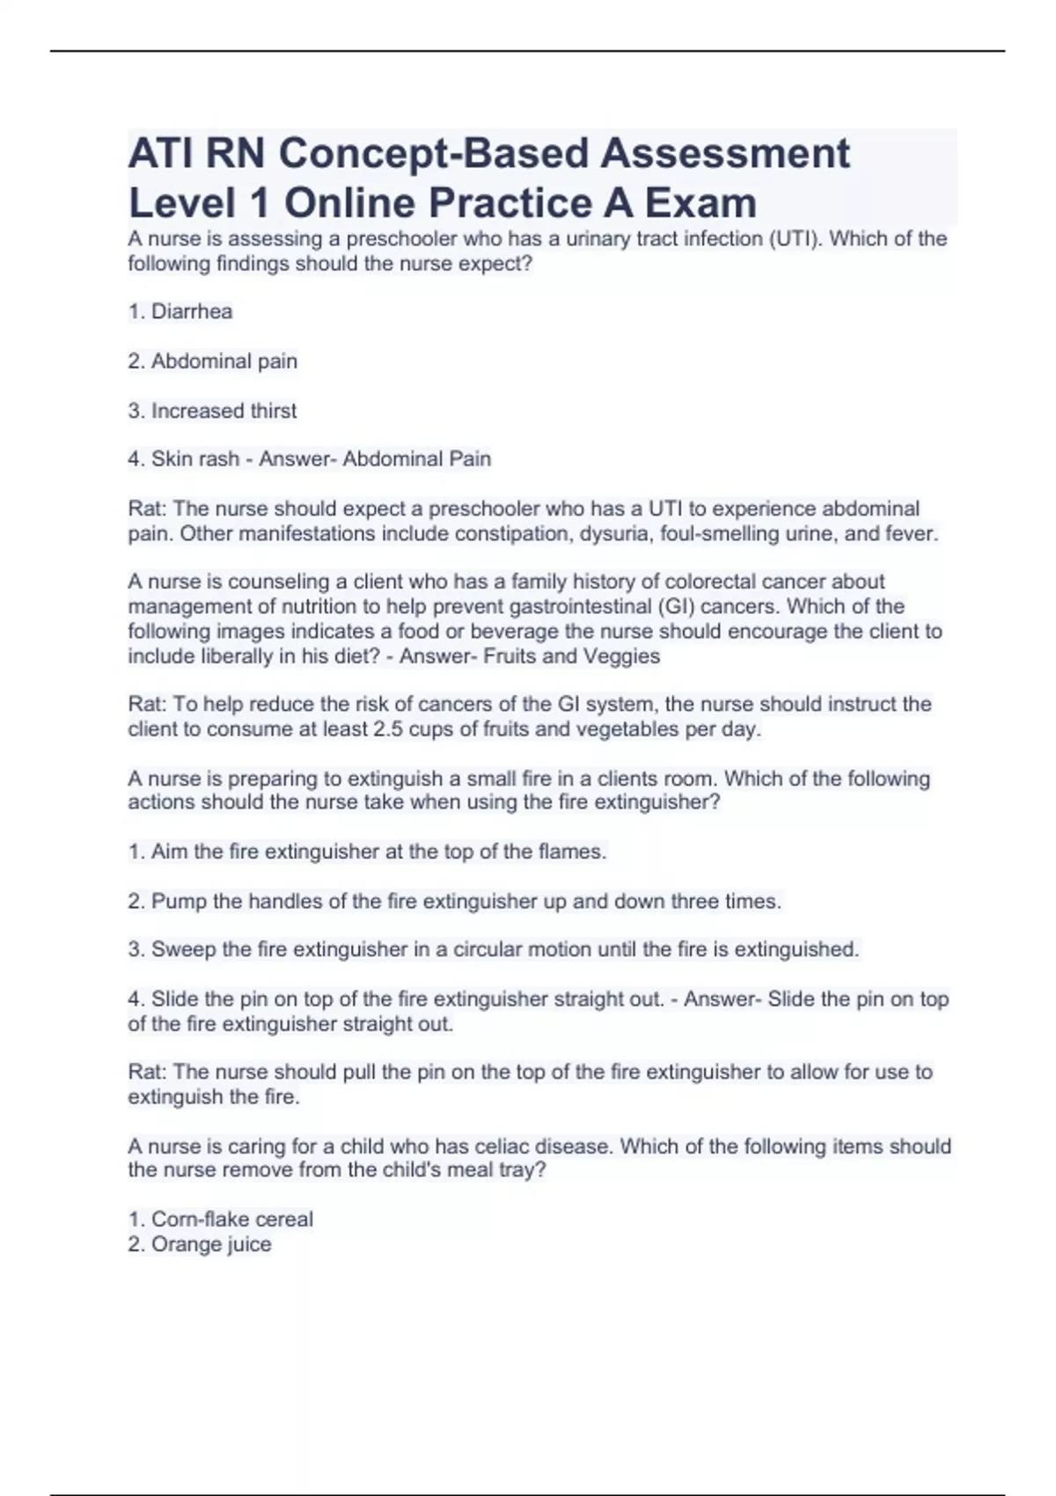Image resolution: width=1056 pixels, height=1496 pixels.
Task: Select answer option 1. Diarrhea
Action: (180, 312)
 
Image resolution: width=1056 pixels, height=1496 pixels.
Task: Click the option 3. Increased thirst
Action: (212, 411)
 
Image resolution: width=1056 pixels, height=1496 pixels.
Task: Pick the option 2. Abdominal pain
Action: (212, 362)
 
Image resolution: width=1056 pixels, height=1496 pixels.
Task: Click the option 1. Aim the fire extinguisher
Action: (367, 852)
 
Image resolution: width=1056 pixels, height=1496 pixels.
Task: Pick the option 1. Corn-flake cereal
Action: (221, 1220)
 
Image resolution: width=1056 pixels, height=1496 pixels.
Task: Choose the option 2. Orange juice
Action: (200, 1244)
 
